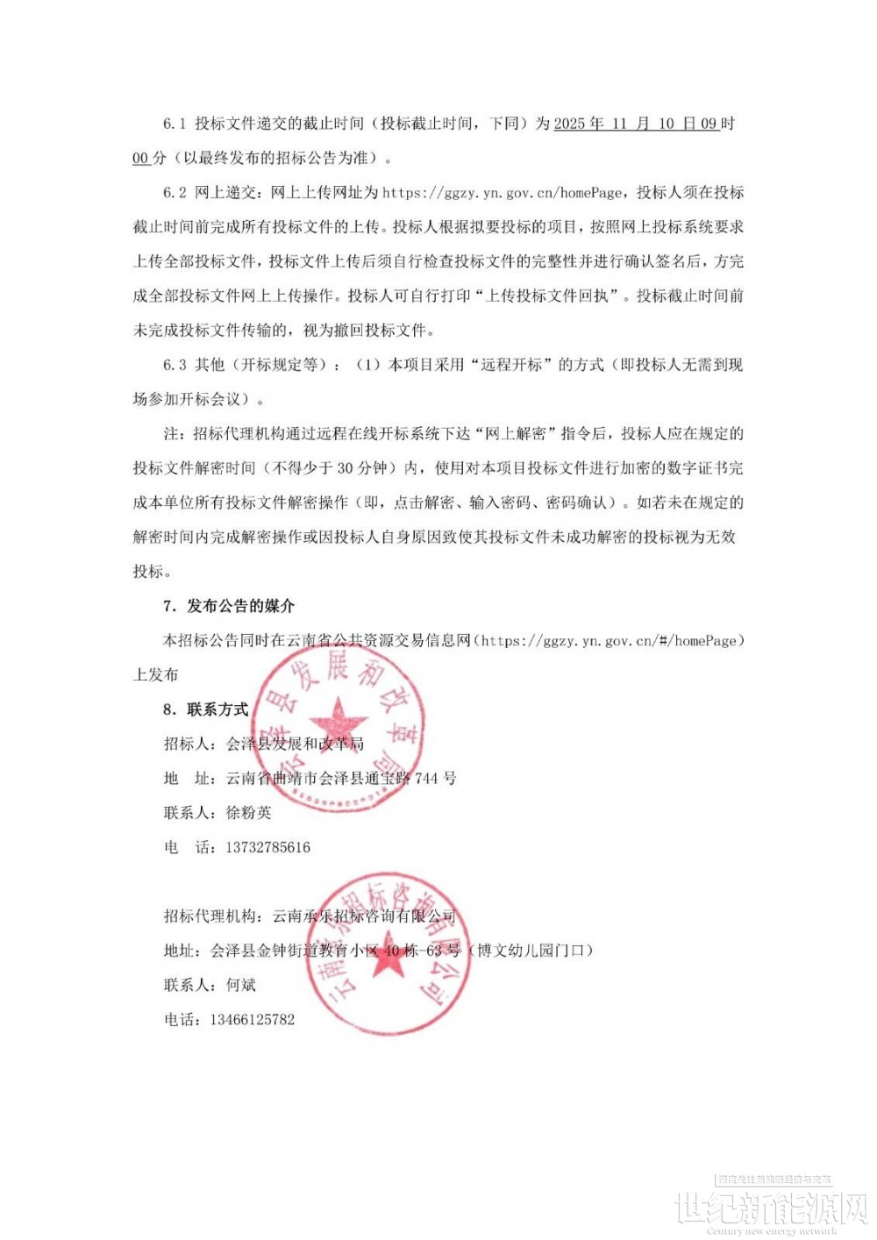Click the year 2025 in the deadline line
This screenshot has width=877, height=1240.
pyautogui.click(x=570, y=124)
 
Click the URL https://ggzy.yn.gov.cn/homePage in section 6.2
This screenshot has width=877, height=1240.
pyautogui.click(x=503, y=192)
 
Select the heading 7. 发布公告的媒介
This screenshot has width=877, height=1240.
pyautogui.click(x=229, y=606)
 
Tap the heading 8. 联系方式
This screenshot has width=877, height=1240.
pyautogui.click(x=207, y=709)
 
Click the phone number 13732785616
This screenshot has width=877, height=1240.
pyautogui.click(x=267, y=847)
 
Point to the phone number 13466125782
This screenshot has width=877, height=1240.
pyautogui.click(x=252, y=1019)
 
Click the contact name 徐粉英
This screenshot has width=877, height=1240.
pyautogui.click(x=249, y=813)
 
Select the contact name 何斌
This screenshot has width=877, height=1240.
pyautogui.click(x=241, y=985)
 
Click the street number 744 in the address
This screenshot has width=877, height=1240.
pyautogui.click(x=426, y=778)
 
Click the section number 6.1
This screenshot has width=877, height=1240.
pyautogui.click(x=175, y=124)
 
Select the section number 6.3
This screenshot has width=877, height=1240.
pyautogui.click(x=175, y=365)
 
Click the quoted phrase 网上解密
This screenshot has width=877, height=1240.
pyautogui.click(x=517, y=434)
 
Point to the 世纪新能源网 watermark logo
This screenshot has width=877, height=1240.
pyautogui.click(x=770, y=1209)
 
